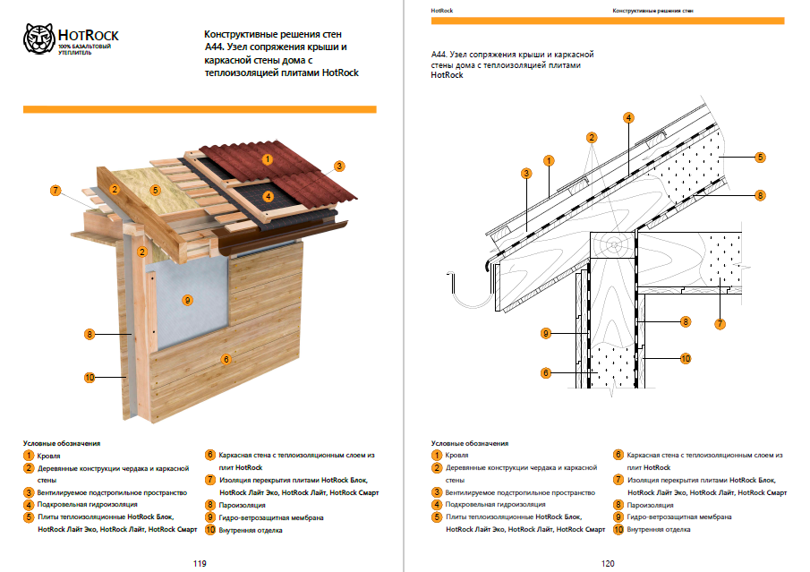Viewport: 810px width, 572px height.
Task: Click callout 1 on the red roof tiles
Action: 267,159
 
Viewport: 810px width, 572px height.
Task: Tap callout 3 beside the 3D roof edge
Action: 339,166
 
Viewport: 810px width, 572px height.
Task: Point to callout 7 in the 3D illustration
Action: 55,191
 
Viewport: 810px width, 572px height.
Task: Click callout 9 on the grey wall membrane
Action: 187,300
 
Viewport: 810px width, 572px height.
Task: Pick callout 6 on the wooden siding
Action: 226,359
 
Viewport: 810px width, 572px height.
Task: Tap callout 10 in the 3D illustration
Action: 90,378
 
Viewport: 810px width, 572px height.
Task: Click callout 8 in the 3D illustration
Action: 90,335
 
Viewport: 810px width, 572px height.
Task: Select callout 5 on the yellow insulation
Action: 155,190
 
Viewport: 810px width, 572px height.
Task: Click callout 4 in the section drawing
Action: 629,118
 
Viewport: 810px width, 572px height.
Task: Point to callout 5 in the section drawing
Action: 759,158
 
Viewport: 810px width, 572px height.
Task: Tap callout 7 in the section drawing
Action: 719,323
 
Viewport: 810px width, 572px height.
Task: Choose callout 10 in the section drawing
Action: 685,358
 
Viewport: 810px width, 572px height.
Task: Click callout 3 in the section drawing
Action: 526,173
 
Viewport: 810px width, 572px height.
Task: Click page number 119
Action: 200,563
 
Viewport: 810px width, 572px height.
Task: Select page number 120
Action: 608,563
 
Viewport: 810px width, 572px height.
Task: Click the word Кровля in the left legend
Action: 49,456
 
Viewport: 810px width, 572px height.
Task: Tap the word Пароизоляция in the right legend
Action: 653,505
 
